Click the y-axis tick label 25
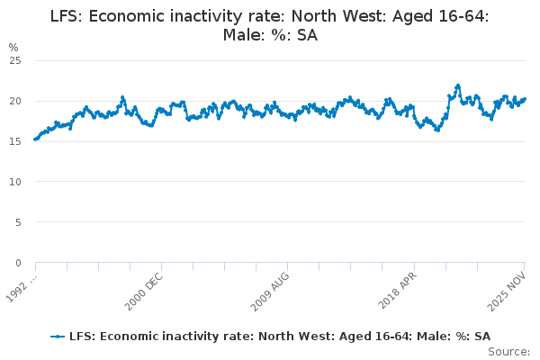[x=15, y=60]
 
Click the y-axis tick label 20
[x=15, y=101]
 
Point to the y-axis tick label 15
[x=15, y=141]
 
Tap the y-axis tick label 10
[x=15, y=182]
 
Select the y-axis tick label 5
[x=18, y=222]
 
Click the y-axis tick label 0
[x=18, y=263]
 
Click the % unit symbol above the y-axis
[x=13, y=47]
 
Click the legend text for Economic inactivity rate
[x=279, y=336]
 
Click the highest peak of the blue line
[x=457, y=85]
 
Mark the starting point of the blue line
[x=35, y=139]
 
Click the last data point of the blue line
[x=525, y=99]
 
